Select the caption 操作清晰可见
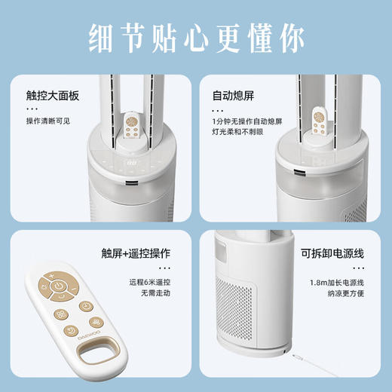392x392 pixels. (50, 121)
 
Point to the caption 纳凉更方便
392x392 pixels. (345, 295)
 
